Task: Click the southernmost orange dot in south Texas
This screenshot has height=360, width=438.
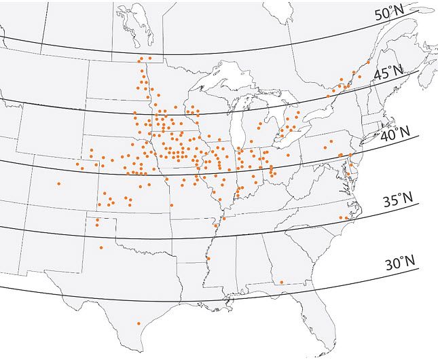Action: [x=139, y=323]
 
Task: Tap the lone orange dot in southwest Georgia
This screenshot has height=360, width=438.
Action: [x=281, y=282]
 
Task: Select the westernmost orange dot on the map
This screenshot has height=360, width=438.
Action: [x=59, y=183]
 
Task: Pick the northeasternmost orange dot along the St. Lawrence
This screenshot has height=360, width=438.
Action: [x=368, y=61]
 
